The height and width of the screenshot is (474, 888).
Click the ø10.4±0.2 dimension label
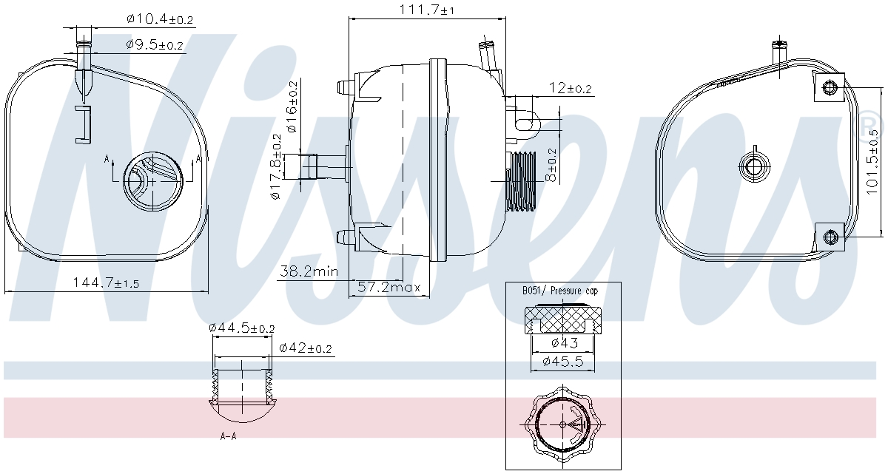[160, 19]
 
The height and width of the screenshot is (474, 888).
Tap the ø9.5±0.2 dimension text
[155, 45]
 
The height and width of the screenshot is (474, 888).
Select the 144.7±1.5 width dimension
[107, 282]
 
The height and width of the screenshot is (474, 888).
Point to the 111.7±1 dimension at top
[426, 10]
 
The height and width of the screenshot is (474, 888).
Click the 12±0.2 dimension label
[570, 88]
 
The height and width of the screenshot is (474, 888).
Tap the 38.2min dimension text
[309, 271]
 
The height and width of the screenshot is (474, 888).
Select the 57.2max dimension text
[388, 287]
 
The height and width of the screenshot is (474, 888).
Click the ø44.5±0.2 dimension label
[241, 328]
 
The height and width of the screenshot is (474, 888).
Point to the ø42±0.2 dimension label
[305, 348]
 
